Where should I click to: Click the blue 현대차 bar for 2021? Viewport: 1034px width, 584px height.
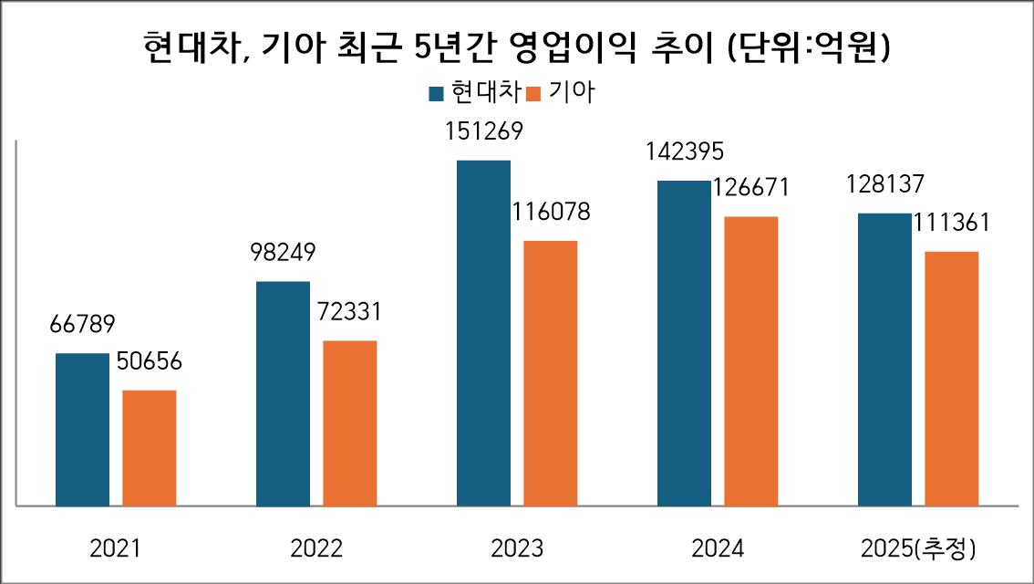pos(82,429)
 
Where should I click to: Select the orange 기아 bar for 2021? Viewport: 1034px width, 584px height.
pos(150,447)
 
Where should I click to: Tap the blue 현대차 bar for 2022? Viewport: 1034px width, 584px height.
pos(283,393)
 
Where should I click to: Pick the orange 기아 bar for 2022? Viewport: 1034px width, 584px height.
pos(350,422)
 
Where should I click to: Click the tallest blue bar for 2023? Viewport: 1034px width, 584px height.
pos(483,332)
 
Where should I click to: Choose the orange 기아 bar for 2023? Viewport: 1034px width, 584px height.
pos(551,372)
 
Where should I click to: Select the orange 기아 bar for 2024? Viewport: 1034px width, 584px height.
pos(751,360)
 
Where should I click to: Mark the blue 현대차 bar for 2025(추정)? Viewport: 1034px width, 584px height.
pos(884,359)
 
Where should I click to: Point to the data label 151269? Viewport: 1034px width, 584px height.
pos(483,132)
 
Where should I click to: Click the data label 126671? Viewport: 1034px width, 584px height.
pos(750,188)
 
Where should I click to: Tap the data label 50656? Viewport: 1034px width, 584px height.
pos(150,361)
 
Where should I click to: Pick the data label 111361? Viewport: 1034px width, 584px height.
pos(951,224)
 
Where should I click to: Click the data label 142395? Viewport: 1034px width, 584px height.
pos(684,152)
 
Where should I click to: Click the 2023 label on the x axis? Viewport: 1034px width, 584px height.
pos(516,548)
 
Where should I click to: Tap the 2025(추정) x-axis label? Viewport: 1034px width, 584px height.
pos(918,548)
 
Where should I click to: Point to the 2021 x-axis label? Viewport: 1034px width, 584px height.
pos(116,548)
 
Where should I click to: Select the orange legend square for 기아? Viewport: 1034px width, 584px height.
pos(534,93)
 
